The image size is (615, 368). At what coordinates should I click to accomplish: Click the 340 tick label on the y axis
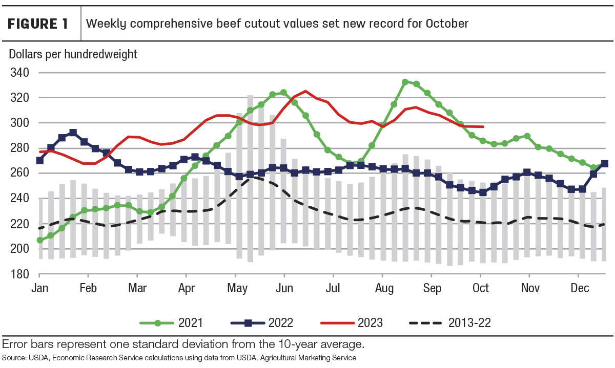point(19,73)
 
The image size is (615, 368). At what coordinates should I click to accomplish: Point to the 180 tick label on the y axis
point(19,274)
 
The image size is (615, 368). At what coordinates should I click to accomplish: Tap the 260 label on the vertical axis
point(19,173)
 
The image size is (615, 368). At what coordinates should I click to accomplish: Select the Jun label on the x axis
point(284,288)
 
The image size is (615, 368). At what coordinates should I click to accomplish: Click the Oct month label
point(481,288)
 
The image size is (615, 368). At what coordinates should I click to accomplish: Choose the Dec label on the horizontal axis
point(580,288)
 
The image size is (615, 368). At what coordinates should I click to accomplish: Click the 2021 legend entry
point(171,323)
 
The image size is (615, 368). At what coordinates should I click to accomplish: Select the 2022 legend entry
point(262,323)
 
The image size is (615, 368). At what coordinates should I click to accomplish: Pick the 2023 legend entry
point(352,323)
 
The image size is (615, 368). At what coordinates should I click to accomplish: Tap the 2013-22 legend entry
point(450,323)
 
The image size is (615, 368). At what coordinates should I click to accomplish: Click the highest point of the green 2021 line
point(405,82)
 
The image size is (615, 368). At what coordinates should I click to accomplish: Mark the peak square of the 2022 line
point(73,133)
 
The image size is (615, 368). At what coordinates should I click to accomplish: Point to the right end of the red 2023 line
point(483,127)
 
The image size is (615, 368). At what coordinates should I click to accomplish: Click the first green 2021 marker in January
point(40,240)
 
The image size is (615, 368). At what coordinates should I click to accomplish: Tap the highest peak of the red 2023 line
point(305,91)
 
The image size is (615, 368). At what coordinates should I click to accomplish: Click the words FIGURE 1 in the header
point(37,24)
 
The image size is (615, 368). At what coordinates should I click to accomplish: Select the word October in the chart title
point(447,24)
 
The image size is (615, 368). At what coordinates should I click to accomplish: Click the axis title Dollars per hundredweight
point(73,54)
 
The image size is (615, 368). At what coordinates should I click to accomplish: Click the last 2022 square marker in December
point(605,164)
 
